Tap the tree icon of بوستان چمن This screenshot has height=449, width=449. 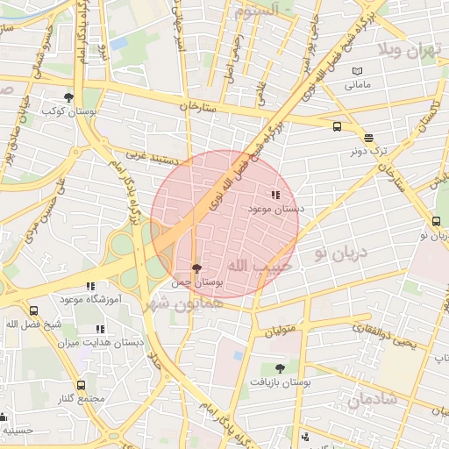click(x=195, y=268)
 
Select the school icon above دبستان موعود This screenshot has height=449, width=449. click(x=275, y=195)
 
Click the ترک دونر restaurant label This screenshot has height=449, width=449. click(x=367, y=151)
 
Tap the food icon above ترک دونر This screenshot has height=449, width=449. click(x=367, y=138)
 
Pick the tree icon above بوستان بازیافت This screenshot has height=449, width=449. click(x=280, y=368)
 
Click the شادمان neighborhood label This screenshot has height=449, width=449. click(x=372, y=399)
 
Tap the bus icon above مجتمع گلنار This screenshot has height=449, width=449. click(x=81, y=385)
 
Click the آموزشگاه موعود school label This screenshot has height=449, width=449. click(x=89, y=300)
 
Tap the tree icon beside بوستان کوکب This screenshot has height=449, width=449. click(x=68, y=97)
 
